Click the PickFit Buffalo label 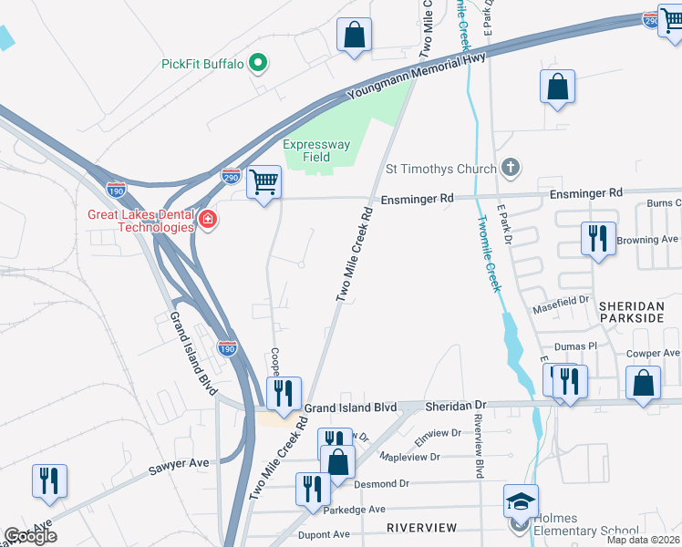tap(202, 64)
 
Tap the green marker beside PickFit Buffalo tap(258, 63)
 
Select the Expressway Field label tap(316, 150)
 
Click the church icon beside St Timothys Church tap(511, 168)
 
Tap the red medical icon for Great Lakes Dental tap(208, 220)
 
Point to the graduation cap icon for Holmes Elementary tap(521, 502)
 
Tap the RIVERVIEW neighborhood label tap(420, 528)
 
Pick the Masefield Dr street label tap(569, 299)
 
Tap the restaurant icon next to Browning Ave tap(597, 240)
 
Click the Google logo tap(30, 536)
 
